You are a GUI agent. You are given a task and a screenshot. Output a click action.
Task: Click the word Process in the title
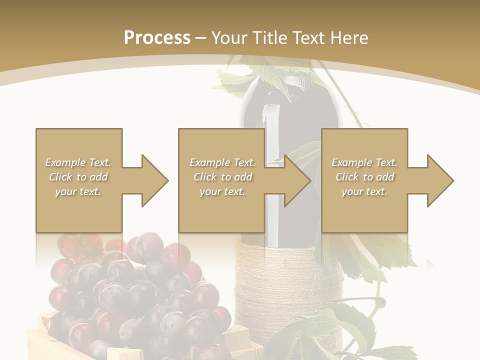point(157,38)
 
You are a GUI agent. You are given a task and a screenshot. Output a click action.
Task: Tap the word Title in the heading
point(269,38)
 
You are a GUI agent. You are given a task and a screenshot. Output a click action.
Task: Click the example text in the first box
point(78,177)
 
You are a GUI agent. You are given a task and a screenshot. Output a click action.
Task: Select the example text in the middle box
point(222,177)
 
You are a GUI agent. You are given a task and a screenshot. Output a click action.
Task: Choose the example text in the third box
point(364,177)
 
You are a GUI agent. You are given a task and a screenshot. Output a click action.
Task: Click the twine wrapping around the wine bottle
point(290,280)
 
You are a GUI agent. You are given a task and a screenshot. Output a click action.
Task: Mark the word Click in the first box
point(61,177)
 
